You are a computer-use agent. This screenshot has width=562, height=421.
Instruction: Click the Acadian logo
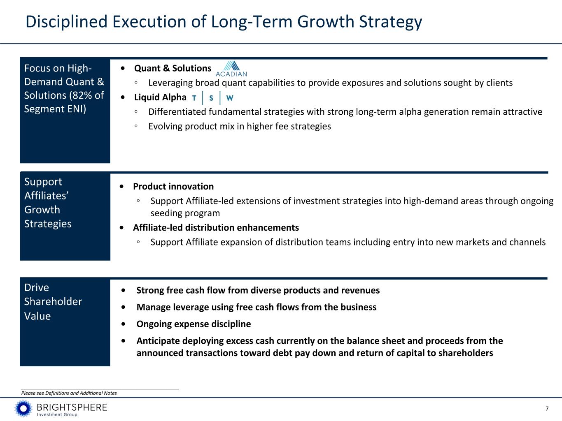[x=231, y=69]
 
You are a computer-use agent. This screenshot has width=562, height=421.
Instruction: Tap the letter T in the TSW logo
[x=194, y=98]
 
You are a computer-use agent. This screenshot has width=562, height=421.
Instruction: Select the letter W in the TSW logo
[x=230, y=98]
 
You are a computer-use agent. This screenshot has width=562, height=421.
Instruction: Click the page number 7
[x=547, y=409]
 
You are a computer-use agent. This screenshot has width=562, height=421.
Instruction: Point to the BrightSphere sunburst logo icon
[x=23, y=409]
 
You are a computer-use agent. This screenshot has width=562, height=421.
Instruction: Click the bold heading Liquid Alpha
[x=160, y=97]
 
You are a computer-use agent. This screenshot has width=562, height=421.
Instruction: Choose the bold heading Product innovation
[x=173, y=186]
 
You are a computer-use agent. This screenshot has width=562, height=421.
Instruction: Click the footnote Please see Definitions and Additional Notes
[x=69, y=393]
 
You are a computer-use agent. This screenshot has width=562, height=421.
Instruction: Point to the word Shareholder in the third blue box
[x=53, y=302]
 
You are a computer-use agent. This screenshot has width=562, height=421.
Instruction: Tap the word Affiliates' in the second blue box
[x=47, y=196]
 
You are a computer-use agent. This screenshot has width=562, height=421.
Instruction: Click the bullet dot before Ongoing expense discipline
[x=124, y=324]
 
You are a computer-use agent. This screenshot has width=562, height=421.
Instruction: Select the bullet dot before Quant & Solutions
[x=123, y=68]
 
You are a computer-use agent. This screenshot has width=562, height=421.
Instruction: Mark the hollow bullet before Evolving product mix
[x=136, y=126]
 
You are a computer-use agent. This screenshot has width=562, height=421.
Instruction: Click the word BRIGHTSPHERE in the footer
[x=72, y=407]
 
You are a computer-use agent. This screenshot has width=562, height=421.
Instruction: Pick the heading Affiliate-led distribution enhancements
[x=216, y=227]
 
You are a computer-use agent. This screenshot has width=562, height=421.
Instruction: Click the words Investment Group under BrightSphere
[x=57, y=414]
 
